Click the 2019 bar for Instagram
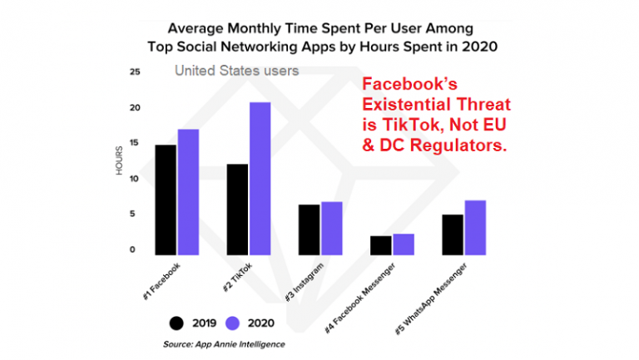309,229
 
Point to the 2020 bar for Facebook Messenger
404,244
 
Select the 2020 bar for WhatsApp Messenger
474,227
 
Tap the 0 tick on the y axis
131,249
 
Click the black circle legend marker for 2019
176,323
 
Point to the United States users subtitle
236,71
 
